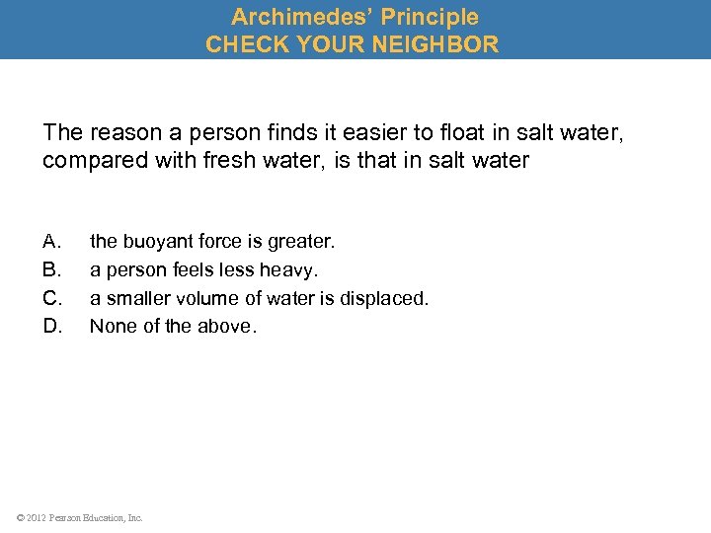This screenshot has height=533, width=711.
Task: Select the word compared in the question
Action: (90, 160)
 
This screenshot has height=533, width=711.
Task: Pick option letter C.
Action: (52, 297)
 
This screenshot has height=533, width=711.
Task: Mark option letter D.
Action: (52, 326)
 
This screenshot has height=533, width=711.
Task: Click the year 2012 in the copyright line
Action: (39, 517)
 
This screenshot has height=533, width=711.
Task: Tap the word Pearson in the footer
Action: (69, 517)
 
